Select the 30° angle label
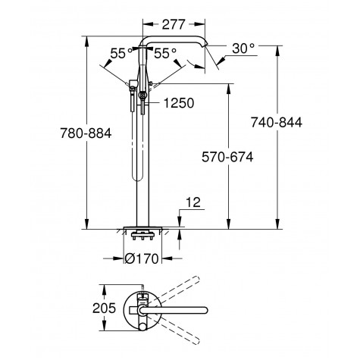pos(243,49)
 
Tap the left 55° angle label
pos(119,54)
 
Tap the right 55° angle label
pos(164,54)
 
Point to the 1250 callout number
pos(177,101)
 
